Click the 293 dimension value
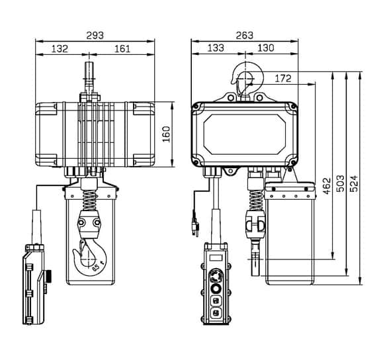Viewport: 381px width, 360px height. click(x=95, y=36)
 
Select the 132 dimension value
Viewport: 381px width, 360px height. click(x=60, y=49)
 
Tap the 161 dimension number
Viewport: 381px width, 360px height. click(x=122, y=49)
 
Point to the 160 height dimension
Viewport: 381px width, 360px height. click(x=166, y=134)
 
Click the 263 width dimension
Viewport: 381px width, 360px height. click(x=245, y=36)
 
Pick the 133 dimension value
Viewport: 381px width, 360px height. click(x=216, y=48)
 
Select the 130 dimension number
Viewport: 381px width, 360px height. click(x=266, y=48)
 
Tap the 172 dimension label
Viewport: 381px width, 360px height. click(x=283, y=79)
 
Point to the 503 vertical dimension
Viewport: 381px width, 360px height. click(x=341, y=183)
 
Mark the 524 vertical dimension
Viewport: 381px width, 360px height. click(x=355, y=183)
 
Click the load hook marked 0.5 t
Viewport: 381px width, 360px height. click(x=90, y=257)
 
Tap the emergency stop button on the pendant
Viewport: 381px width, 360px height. click(x=216, y=276)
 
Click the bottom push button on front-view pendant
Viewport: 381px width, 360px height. click(x=216, y=313)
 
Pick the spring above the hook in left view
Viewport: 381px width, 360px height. click(x=89, y=201)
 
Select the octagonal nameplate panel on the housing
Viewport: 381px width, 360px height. click(x=245, y=134)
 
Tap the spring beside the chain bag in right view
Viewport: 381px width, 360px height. click(x=256, y=200)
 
